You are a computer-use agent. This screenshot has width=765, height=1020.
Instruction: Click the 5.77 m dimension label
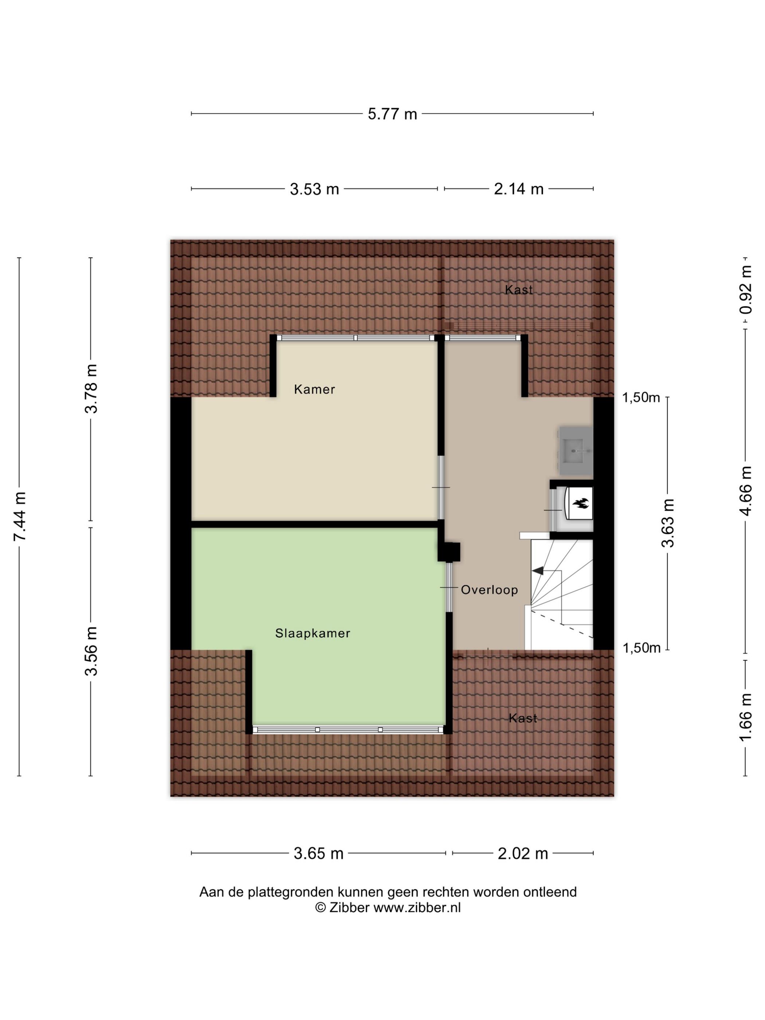[392, 114]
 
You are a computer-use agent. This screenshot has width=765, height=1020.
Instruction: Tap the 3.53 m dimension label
[314, 189]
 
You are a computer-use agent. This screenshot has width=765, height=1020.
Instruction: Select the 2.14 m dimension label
[518, 189]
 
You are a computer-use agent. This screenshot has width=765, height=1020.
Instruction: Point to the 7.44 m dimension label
[20, 517]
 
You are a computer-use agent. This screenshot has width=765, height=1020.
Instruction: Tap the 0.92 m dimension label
[746, 290]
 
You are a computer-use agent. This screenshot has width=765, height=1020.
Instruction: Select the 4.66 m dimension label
[746, 491]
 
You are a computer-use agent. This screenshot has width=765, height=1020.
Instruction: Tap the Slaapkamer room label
[313, 633]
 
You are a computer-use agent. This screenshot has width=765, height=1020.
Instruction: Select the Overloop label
[489, 590]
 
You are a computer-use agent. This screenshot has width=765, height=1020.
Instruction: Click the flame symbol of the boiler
[581, 503]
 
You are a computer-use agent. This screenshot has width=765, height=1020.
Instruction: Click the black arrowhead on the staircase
[538, 571]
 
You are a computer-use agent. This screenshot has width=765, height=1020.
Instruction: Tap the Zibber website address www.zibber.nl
[417, 908]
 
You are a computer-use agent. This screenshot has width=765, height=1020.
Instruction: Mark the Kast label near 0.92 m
[519, 290]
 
